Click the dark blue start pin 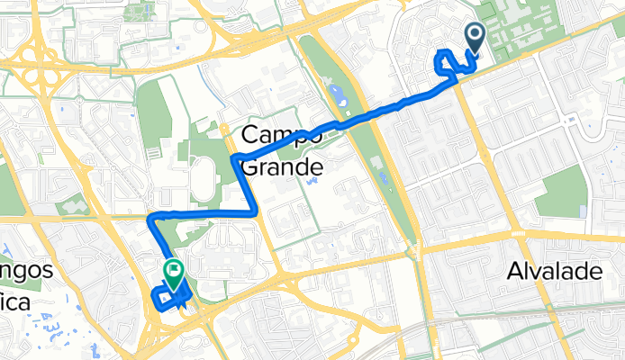pos(476,38)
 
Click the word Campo pos(281,137)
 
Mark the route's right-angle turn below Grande pos(253,211)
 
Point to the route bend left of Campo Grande pos(236,159)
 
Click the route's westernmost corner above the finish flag pos(151,217)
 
